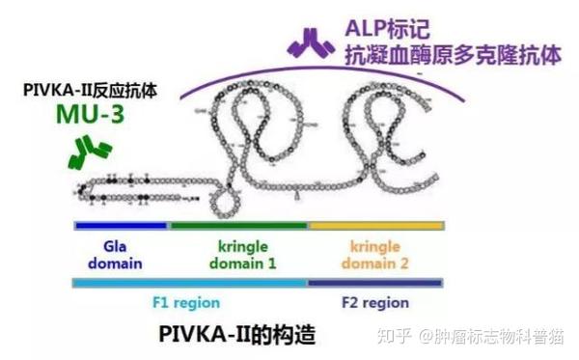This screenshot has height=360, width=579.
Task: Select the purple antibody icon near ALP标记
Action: click(x=313, y=42)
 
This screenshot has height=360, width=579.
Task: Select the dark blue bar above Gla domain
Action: click(x=122, y=226)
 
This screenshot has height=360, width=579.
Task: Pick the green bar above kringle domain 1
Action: click(x=239, y=226)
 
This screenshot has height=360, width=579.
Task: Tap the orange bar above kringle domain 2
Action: click(x=375, y=226)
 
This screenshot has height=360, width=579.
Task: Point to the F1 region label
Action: click(x=188, y=302)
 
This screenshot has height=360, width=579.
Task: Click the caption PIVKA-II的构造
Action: click(x=237, y=335)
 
